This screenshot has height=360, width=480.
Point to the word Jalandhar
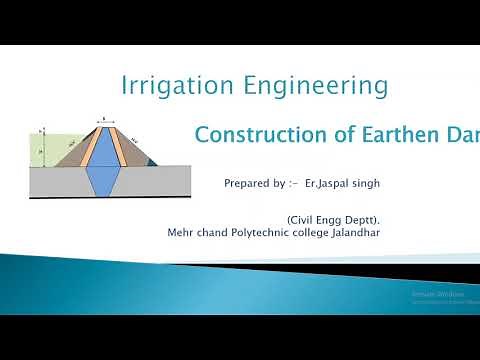tap(353, 232)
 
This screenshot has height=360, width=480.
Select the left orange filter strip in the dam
tap(86, 150)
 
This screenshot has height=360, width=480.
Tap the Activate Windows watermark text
tap(431, 296)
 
